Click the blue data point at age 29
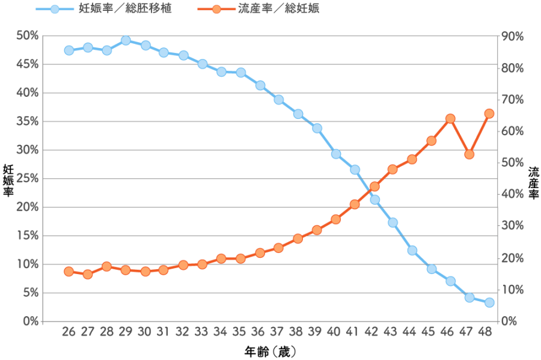tap(126, 40)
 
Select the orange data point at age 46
tap(450, 118)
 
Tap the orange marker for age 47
tap(469, 154)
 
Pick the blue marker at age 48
tap(489, 302)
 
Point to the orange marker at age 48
tap(489, 113)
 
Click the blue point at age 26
tap(69, 50)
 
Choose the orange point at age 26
tap(69, 272)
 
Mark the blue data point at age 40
tap(336, 154)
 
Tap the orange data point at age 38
tap(298, 239)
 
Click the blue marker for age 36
tap(260, 85)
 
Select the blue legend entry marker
tap(55, 9)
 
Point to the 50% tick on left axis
tap(28, 36)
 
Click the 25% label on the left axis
tap(28, 179)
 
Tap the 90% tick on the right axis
tap(513, 36)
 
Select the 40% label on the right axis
tap(513, 194)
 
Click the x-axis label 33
tap(201, 332)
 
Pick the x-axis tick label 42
tap(373, 332)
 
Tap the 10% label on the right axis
tap(513, 290)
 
